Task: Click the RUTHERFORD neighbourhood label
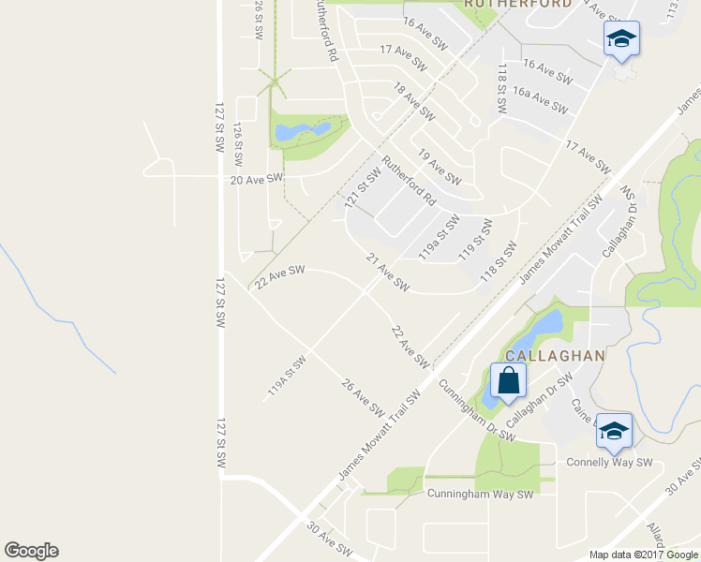505,5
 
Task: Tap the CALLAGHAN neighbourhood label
555,356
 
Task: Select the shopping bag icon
507,381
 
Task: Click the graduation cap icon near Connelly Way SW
614,430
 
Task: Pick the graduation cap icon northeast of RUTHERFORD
620,38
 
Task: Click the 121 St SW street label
362,187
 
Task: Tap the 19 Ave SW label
439,167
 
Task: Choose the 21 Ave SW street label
387,271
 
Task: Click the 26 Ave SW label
363,397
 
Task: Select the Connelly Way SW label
609,463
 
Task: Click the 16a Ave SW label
545,98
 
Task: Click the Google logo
31,551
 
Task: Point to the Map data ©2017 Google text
642,555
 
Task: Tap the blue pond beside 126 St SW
303,131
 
